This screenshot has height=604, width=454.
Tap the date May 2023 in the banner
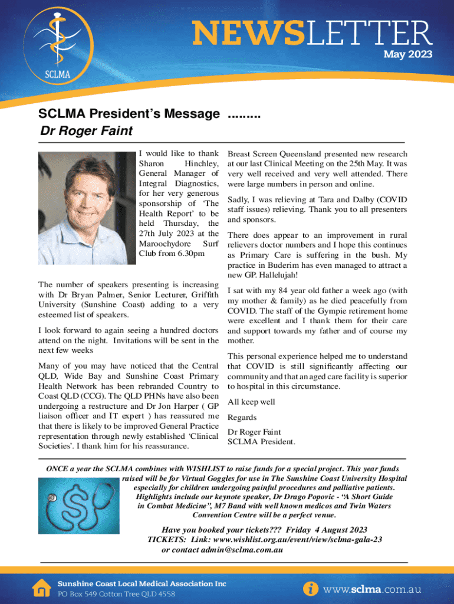click(408, 54)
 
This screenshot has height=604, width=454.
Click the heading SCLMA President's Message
click(130, 114)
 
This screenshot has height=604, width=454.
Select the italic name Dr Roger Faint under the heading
click(85, 130)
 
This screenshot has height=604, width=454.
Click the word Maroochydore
click(163, 244)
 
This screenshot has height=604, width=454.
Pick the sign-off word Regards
click(242, 417)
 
